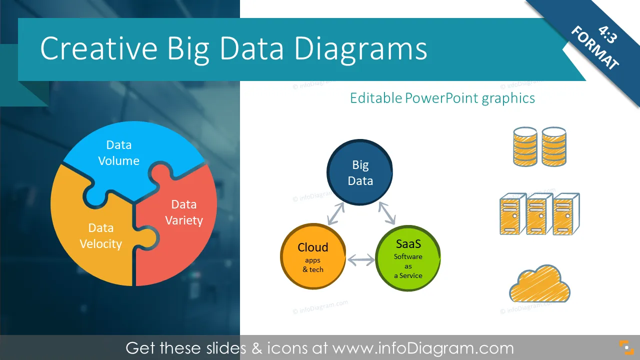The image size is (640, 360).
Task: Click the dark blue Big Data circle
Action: (359, 172)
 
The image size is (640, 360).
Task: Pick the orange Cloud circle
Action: (313, 256)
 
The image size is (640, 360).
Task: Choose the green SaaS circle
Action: (407, 258)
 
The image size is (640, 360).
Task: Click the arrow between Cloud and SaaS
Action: (361, 260)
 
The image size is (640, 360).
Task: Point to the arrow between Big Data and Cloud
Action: (335, 213)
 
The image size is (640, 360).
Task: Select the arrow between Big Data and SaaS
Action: (387, 213)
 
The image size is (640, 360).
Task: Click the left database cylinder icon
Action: (525, 146)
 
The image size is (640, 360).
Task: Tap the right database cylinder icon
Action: (553, 146)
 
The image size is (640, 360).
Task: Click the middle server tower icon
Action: (539, 213)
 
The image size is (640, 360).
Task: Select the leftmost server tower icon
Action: (513, 213)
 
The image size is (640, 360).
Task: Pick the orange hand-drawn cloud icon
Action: (539, 283)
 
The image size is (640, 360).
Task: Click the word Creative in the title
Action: (99, 48)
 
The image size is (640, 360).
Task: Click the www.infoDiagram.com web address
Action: (423, 348)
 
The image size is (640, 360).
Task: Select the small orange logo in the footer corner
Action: (626, 347)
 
